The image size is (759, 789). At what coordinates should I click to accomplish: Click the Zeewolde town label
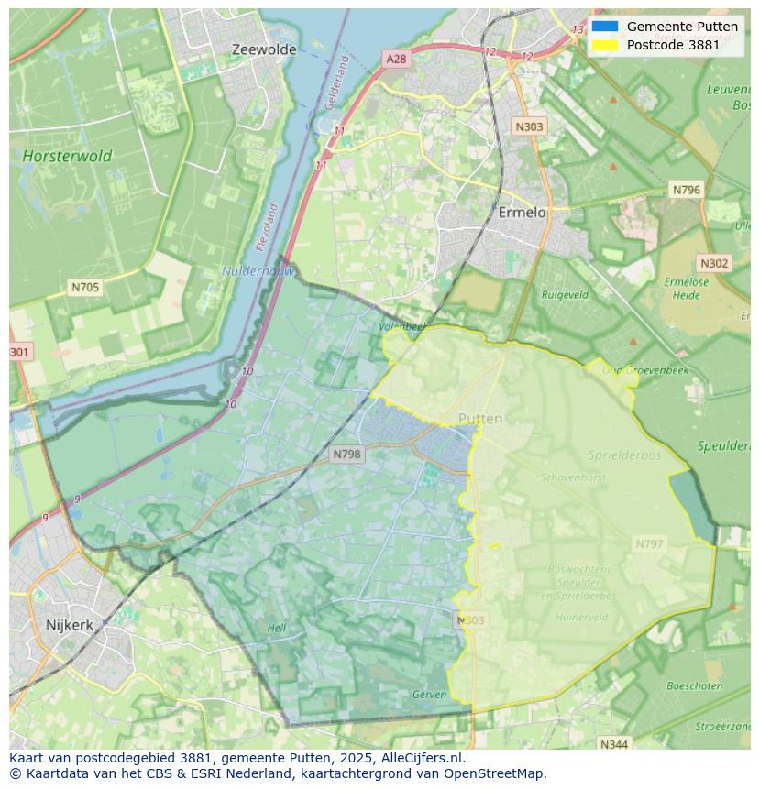(264, 49)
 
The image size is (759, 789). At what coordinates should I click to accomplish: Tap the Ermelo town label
(522, 212)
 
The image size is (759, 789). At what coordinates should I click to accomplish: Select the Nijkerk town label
(69, 625)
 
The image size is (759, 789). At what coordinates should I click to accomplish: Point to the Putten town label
(480, 419)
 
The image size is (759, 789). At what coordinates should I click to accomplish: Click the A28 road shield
(395, 59)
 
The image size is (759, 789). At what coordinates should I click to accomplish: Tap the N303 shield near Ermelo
(529, 127)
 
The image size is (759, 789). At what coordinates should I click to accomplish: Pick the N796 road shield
(686, 190)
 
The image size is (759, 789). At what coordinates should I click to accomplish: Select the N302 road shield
(714, 263)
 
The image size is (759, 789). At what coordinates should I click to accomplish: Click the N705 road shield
(85, 287)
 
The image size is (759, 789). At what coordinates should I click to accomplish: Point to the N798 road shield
(347, 454)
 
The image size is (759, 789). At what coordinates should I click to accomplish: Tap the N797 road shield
(649, 544)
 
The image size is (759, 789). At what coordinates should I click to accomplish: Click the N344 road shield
(613, 743)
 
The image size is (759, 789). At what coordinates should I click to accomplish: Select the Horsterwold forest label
(67, 156)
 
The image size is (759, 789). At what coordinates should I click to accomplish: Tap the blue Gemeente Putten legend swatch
(605, 27)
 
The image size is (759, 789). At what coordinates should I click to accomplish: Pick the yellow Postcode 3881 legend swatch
(605, 45)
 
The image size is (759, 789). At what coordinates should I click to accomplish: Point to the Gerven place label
(429, 695)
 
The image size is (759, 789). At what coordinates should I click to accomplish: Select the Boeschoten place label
(695, 685)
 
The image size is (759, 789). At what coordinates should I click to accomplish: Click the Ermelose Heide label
(686, 288)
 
